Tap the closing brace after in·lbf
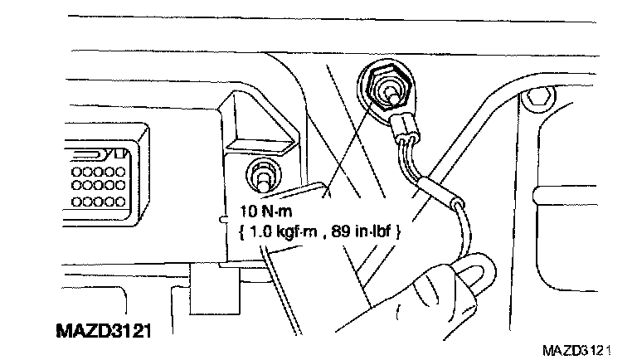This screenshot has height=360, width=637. (x=400, y=234)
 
